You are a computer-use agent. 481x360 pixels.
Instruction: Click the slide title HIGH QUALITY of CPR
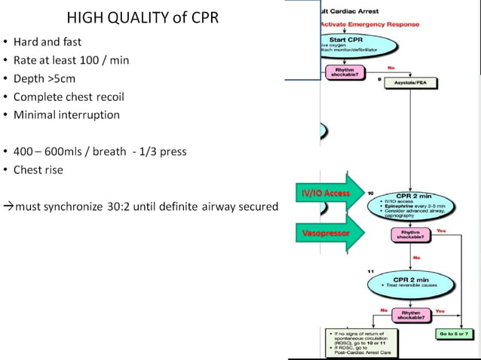tap(143, 17)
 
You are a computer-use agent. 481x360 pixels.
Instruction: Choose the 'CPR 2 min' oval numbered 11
tap(410, 283)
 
